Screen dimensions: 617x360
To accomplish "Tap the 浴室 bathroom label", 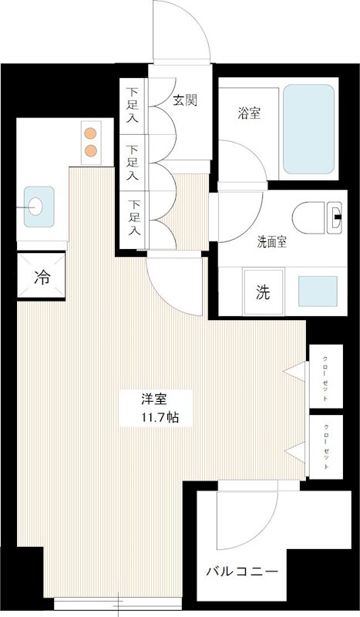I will [247, 113].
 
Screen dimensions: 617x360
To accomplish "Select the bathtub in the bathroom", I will [308, 129].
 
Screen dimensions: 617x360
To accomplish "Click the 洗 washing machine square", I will [263, 292].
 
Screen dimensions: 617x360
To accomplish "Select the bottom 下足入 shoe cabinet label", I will [134, 218].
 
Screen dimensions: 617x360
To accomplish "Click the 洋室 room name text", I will [153, 400].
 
